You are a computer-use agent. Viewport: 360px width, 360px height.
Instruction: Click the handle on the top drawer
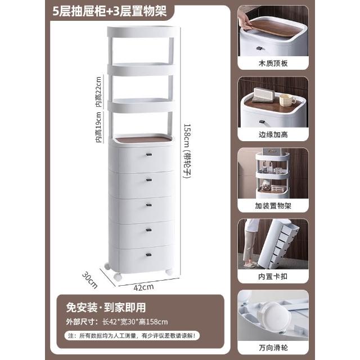pos(148,155)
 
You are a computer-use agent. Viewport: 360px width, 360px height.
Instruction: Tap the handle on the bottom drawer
pos(148,254)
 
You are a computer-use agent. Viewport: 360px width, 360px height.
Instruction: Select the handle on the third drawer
pos(148,205)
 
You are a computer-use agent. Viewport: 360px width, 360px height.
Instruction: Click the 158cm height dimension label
pos(187,151)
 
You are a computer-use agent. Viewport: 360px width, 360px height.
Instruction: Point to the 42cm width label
pos(143,287)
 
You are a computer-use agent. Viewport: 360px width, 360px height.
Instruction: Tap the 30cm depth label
pos(90,280)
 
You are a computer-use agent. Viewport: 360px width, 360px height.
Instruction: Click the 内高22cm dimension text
pos(98,92)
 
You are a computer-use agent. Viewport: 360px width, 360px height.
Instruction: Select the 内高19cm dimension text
pos(98,127)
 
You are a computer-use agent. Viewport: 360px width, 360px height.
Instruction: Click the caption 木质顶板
pos(273,63)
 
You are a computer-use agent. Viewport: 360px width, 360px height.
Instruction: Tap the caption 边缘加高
pos(273,134)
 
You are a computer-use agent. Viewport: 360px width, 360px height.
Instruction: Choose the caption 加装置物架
pos(273,205)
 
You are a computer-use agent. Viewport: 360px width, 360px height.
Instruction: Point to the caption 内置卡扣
pos(273,276)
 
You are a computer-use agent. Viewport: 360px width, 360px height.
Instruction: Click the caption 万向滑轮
pos(273,348)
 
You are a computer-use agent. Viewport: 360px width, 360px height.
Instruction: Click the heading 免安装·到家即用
pos(106,308)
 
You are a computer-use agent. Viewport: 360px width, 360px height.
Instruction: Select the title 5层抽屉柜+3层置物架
pos(110,11)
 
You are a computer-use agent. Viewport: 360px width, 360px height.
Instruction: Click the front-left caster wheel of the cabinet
pos(118,277)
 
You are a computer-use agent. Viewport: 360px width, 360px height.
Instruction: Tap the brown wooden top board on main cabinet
pos(143,139)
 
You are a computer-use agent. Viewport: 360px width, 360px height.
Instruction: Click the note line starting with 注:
pos(132,336)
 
